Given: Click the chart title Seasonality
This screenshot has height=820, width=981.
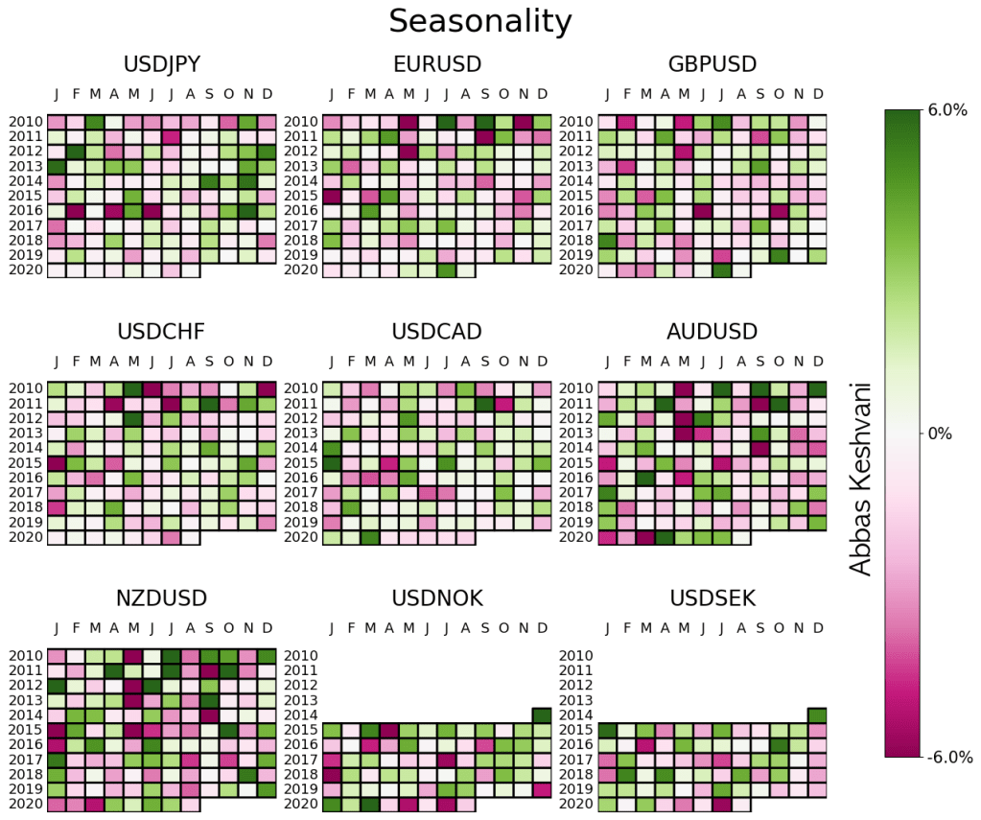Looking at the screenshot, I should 479,21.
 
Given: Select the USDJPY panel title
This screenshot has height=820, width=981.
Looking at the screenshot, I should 161,65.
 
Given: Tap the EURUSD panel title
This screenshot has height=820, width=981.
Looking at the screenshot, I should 437,65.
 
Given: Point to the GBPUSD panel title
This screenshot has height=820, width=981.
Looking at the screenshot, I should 712,65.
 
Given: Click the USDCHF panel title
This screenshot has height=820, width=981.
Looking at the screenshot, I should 161,332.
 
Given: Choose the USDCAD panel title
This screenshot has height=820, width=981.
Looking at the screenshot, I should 437,332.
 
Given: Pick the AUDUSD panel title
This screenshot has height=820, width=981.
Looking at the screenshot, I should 712,332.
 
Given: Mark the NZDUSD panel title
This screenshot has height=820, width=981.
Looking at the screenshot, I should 161,599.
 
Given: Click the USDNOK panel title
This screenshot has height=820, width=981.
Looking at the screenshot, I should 437,599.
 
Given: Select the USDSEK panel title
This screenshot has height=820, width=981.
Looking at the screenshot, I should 712,599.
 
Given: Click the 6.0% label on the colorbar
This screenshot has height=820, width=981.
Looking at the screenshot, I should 948,111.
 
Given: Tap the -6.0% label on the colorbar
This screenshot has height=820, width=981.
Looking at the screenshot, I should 950,757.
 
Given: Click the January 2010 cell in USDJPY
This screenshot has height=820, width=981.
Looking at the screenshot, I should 57,122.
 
